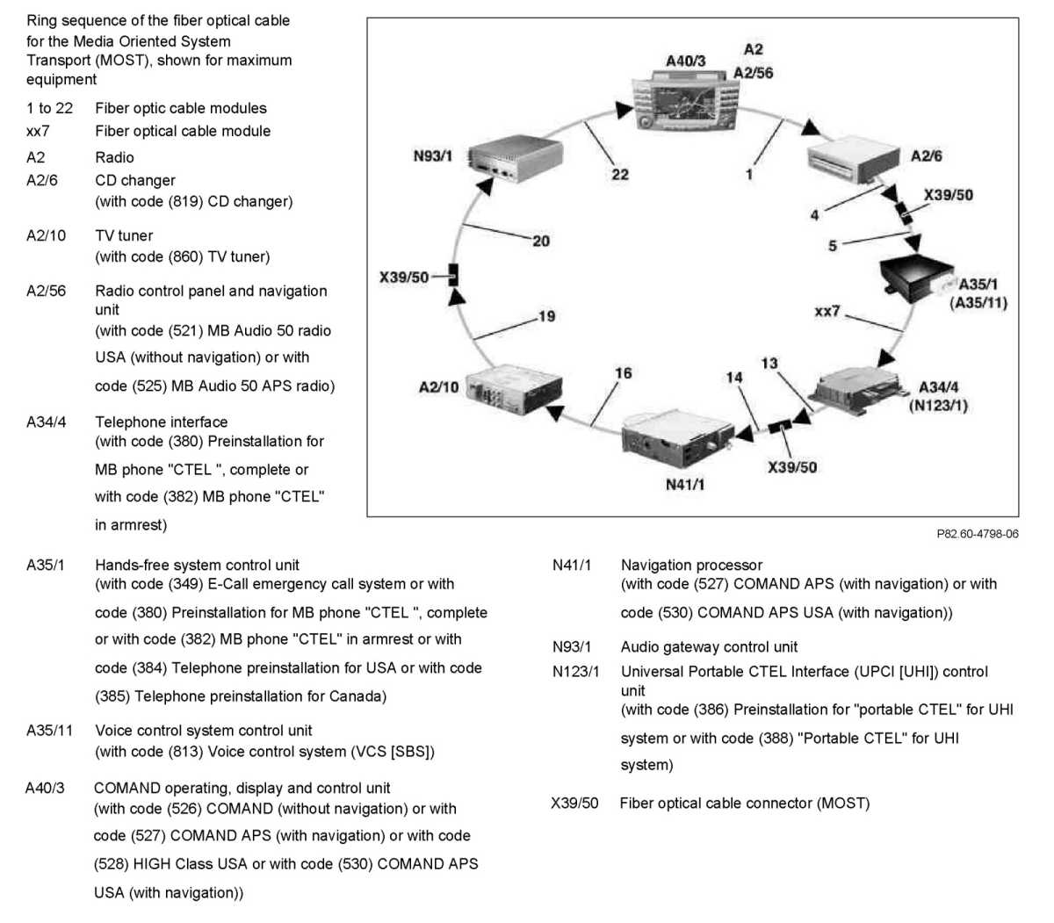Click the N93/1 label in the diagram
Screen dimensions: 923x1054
(x=432, y=156)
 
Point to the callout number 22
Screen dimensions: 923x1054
(x=620, y=174)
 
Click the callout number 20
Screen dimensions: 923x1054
(x=541, y=241)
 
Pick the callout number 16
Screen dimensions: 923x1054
(x=623, y=373)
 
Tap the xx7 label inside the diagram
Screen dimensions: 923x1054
(x=827, y=311)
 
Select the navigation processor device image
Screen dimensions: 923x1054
(x=675, y=439)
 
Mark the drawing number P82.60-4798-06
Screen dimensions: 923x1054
(x=977, y=534)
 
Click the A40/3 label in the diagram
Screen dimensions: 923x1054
(x=685, y=61)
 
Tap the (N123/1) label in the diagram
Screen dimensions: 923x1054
(x=937, y=406)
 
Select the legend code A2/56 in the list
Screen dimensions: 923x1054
(x=46, y=291)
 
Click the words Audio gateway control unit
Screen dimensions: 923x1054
(x=709, y=647)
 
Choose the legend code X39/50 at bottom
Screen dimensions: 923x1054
(x=574, y=804)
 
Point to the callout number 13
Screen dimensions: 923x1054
(x=769, y=364)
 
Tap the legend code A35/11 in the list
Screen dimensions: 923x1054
(x=49, y=731)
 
